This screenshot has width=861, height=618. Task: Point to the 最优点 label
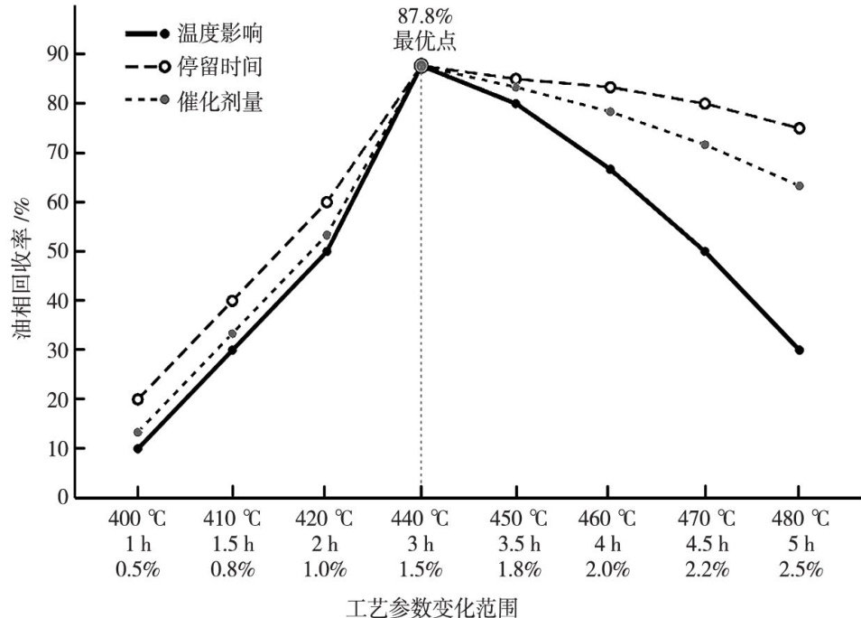421,41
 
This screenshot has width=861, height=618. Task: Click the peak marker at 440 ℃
421,65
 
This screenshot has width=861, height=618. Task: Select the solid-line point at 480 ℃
799,350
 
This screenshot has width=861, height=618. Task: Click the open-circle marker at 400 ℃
137,398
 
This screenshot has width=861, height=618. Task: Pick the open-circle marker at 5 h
799,128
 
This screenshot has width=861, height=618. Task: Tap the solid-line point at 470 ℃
704,251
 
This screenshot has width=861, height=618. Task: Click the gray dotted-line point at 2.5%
799,186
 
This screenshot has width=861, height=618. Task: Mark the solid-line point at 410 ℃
232,350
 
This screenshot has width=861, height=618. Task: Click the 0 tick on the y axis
62,497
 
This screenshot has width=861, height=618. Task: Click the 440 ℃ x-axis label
421,520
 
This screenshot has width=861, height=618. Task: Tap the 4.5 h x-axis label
704,545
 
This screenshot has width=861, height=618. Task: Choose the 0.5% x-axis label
137,569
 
